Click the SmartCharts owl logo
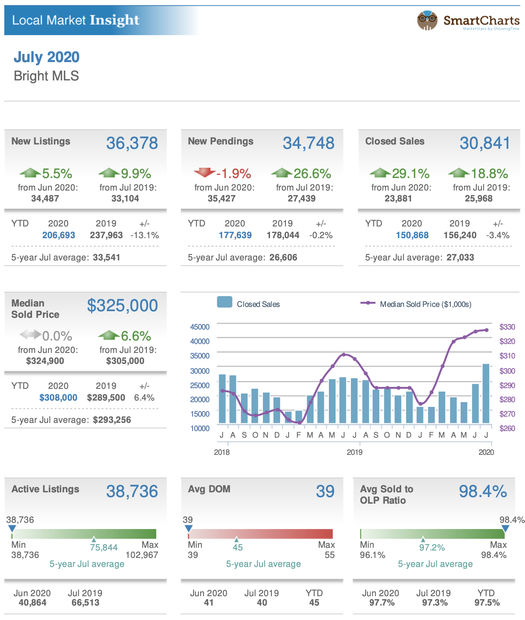[427, 20]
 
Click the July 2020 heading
[46, 57]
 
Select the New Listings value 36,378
[132, 143]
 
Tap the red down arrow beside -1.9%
[204, 172]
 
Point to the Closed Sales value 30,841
[485, 143]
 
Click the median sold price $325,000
[122, 305]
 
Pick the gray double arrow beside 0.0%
[30, 335]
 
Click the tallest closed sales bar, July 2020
[486, 393]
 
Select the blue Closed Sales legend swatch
[225, 302]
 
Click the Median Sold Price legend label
[425, 304]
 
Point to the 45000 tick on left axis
[200, 327]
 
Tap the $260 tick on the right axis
[507, 428]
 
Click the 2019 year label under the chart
[354, 452]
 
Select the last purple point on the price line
[487, 330]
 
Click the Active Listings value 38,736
[132, 492]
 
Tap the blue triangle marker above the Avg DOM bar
[189, 529]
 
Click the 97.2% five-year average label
[432, 547]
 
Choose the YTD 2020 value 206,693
[59, 235]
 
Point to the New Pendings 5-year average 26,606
[283, 257]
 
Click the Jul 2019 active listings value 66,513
[85, 602]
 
